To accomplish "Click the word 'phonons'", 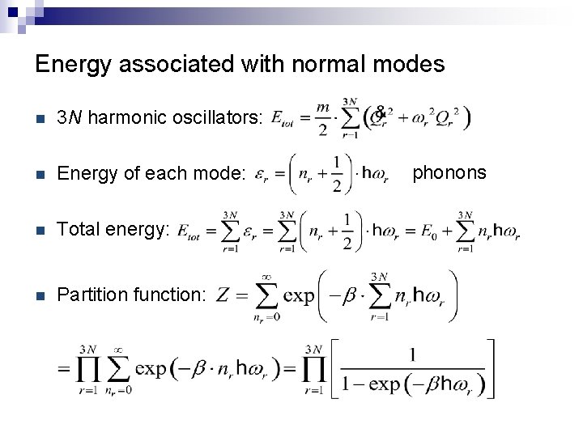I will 449,172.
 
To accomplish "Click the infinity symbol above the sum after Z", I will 266,276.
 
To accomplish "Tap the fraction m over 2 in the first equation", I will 323,118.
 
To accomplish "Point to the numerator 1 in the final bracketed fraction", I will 413,355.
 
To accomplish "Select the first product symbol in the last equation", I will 89,371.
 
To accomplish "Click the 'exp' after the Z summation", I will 299,295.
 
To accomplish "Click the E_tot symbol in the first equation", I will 283,119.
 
